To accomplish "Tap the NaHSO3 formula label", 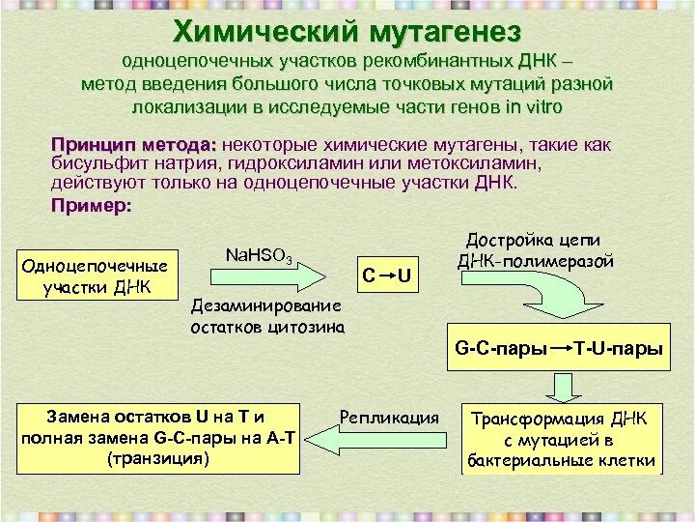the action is point(258,255).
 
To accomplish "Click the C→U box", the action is point(387,276).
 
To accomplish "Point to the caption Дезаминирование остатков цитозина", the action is point(265,316).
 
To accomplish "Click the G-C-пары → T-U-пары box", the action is point(558,349).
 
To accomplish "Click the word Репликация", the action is point(389,418).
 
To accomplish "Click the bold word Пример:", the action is point(91,206).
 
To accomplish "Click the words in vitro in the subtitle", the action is point(533,106).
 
